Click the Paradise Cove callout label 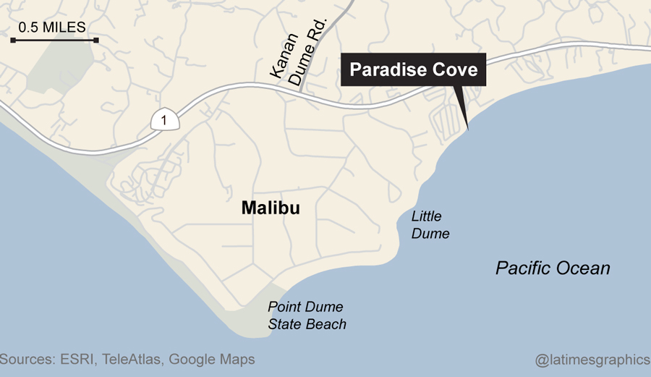413,69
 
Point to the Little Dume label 430,225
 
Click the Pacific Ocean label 553,268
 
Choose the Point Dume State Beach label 307,315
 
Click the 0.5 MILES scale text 52,27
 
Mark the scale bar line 54,40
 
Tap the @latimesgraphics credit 592,359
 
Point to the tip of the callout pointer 468,130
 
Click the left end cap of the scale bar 13,40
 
